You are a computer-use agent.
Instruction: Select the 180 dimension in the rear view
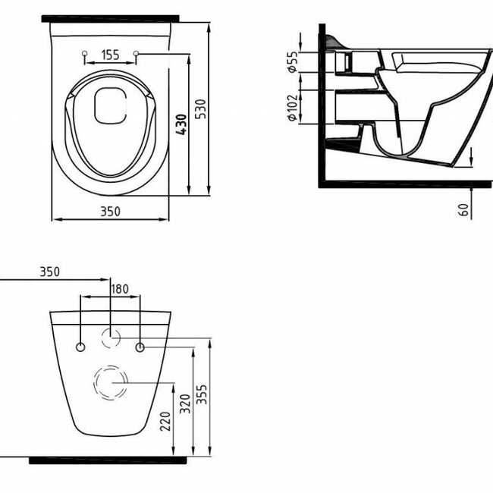click(121, 288)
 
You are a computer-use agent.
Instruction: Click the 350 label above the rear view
click(49, 271)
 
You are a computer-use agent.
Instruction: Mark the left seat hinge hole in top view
click(83, 54)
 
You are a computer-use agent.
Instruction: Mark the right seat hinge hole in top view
click(137, 54)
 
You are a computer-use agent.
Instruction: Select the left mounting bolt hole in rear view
click(80, 347)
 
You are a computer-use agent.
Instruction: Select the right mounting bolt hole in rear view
click(140, 347)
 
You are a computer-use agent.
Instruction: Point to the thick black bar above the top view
click(111, 17)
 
